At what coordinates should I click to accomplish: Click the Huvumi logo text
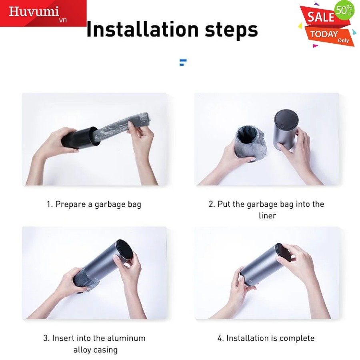[x=34, y=12]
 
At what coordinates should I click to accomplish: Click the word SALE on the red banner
[x=320, y=17]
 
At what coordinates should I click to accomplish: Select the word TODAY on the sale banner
[x=324, y=34]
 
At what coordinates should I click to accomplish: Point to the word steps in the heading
[x=231, y=30]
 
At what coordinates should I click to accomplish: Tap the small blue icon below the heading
[x=183, y=62]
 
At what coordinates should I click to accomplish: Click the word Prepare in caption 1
[x=70, y=204]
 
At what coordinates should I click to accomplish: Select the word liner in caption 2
[x=268, y=215]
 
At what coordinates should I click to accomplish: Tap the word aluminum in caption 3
[x=126, y=338]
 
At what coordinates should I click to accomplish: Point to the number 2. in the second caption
[x=212, y=204]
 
